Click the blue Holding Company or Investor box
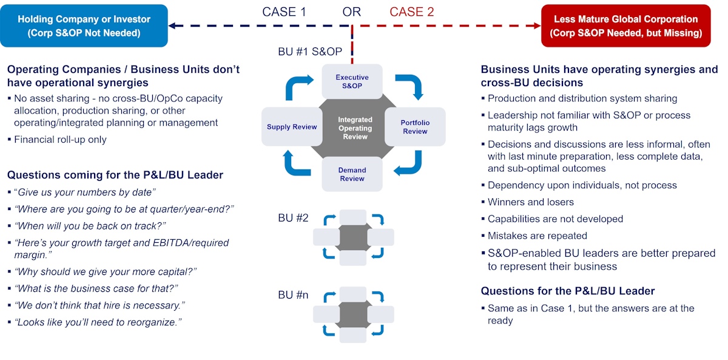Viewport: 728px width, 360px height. tap(84, 25)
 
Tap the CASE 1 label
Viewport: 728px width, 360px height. tap(285, 12)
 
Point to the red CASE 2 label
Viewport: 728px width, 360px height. tap(412, 12)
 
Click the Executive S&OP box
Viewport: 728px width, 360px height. tap(352, 82)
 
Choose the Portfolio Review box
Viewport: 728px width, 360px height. tap(415, 127)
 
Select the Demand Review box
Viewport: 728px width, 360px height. tap(352, 175)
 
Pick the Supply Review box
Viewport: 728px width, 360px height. tap(292, 127)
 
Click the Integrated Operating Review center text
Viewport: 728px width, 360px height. tap(355, 128)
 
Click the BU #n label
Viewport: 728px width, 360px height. tap(294, 295)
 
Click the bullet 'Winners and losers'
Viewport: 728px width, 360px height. tap(531, 202)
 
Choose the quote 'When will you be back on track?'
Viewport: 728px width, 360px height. tap(90, 226)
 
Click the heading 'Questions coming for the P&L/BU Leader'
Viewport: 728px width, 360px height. tap(115, 175)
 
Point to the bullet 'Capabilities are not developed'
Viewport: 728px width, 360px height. tap(555, 219)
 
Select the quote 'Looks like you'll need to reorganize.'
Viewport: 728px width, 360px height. tap(98, 322)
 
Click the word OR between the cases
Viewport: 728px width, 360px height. tap(352, 12)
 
